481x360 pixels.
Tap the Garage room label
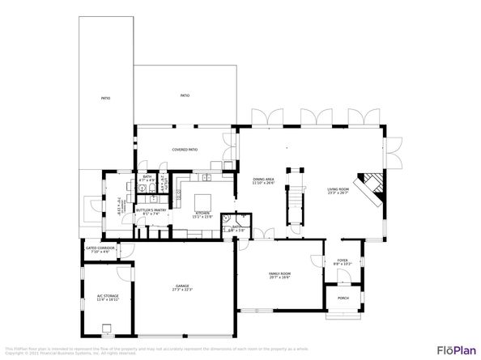[x=182, y=286]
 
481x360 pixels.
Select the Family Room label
[x=279, y=273]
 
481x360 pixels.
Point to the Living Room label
[x=337, y=189]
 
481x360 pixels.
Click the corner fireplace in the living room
[x=372, y=186]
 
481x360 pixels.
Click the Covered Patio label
[x=185, y=150]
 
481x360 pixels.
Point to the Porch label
[x=343, y=298]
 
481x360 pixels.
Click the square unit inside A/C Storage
[x=107, y=328]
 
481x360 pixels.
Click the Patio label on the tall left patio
[x=105, y=98]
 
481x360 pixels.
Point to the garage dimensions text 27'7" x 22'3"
[x=182, y=290]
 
